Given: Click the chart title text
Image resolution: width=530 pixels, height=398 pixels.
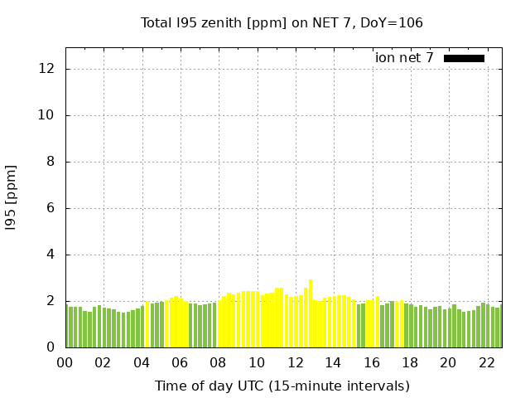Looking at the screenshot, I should pos(282,22).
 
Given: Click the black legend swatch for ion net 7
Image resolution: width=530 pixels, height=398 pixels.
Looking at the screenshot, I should pos(464,58).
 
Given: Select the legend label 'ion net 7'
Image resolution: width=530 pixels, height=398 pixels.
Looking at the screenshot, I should pos(404,58).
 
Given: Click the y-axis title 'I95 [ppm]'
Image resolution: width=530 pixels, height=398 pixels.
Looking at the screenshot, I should pos(11,197).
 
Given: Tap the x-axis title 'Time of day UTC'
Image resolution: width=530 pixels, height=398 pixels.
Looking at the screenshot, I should pos(282,386).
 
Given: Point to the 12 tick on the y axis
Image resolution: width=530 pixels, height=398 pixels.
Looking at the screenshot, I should pos(47,69).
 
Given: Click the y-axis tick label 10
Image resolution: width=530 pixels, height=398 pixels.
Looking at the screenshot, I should pos(47,115).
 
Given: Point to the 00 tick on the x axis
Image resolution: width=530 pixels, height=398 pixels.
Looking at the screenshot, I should pos(65,362).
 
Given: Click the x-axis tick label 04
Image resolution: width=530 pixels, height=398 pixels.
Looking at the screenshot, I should pos(142,362).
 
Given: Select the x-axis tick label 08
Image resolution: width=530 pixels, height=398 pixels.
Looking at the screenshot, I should pos(218,362).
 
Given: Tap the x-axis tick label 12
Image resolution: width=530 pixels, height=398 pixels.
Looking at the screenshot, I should pos(295,362).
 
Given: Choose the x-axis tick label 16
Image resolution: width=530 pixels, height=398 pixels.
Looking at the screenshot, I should pos(371,362).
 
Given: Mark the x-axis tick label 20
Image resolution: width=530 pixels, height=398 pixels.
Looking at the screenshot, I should pos(448,362).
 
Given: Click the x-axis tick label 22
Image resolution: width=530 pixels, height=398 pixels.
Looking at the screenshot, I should pos(486,362).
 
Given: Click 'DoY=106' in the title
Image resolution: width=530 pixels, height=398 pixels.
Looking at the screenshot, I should pos(393,22).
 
